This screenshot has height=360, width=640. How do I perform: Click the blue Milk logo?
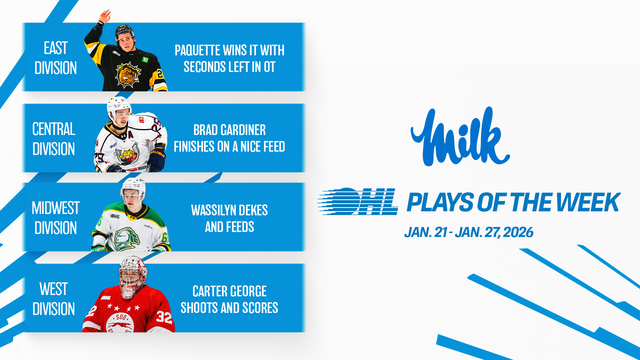point(460,137)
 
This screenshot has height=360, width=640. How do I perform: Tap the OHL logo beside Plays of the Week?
point(358,201)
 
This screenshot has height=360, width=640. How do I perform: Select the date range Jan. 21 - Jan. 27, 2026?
point(469,232)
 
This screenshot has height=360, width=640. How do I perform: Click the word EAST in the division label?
point(56,48)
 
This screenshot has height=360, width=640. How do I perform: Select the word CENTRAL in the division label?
point(54,129)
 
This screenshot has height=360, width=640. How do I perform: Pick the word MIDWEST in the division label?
point(56,208)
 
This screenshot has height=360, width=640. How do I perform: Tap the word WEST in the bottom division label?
point(54,289)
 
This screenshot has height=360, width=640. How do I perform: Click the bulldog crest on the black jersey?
point(128,75)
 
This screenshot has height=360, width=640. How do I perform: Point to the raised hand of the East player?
point(105,16)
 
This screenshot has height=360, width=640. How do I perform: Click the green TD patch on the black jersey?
point(145,60)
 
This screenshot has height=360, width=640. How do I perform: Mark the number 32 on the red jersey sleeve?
point(164,317)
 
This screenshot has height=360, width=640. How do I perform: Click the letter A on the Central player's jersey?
point(131,135)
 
